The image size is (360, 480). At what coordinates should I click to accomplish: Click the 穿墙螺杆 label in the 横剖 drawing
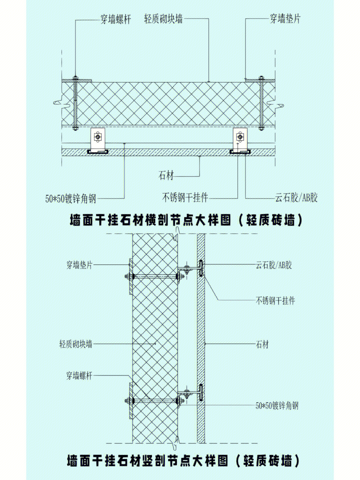point(115,19)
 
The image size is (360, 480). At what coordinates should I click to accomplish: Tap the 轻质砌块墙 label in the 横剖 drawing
point(163,19)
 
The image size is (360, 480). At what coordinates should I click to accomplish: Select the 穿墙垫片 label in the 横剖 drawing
point(285,19)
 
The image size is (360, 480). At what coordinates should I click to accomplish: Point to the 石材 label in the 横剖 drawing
point(166,175)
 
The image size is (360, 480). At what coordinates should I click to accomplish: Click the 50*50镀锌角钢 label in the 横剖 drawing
point(71,199)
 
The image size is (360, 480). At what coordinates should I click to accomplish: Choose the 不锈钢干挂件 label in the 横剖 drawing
point(185,198)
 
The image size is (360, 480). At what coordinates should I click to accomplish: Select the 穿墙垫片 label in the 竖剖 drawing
point(79,265)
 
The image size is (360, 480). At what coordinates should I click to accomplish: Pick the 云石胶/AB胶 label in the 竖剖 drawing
point(274,265)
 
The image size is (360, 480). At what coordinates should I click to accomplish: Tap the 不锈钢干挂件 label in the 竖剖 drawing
point(275,301)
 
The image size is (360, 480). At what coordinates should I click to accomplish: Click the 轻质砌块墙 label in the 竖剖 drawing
point(76,344)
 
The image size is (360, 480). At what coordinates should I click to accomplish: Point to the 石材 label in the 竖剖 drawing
point(262,344)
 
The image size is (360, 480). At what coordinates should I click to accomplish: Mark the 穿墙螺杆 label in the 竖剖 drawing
point(79,376)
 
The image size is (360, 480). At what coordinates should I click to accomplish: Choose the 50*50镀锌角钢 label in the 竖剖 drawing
point(277,406)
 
